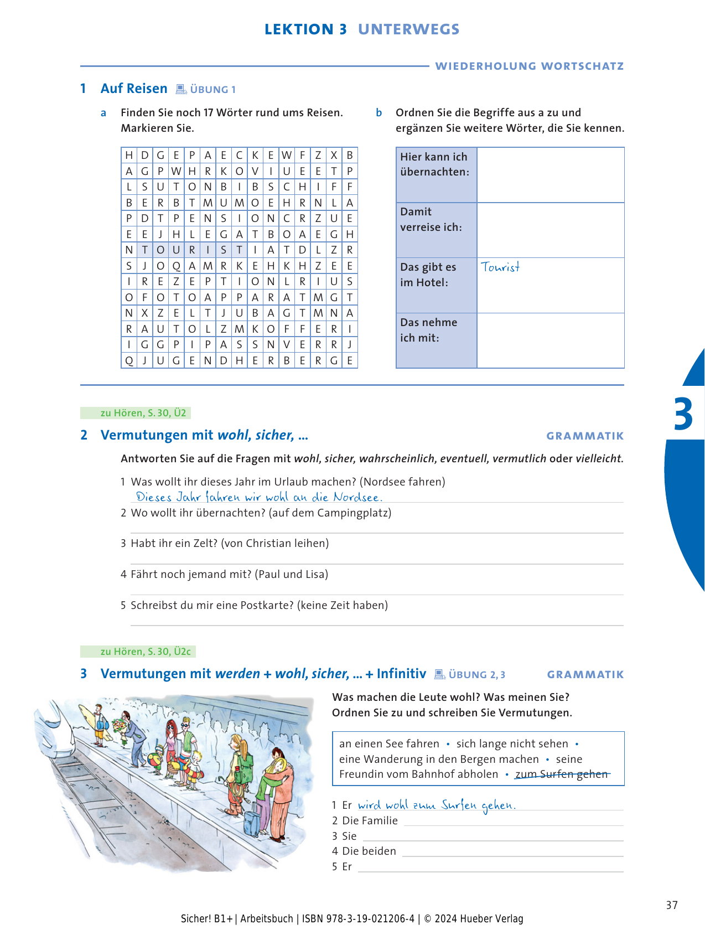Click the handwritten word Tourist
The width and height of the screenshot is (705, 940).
500,267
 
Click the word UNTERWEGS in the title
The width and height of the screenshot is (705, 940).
408,29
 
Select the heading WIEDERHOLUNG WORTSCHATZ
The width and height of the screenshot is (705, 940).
529,66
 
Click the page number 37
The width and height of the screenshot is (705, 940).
671,905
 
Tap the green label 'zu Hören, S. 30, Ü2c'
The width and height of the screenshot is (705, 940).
145,652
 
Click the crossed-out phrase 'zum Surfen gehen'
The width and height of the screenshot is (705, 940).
561,774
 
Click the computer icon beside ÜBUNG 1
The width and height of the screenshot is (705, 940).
181,89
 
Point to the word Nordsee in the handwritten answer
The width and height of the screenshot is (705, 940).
357,497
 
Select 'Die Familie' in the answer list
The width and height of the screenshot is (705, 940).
370,820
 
